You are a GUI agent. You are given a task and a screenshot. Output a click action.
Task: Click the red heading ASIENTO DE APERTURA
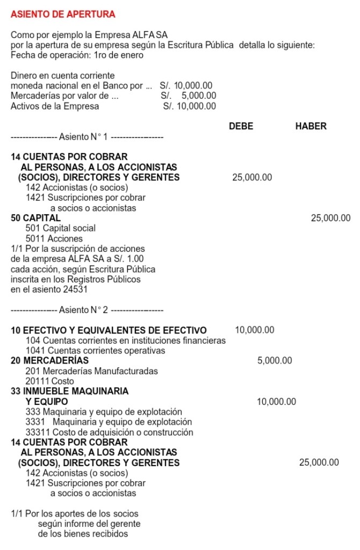pyautogui.click(x=63, y=13)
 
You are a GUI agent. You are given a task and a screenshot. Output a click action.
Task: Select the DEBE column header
pyautogui.click(x=241, y=127)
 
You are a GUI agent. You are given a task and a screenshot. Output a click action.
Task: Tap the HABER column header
pyautogui.click(x=311, y=127)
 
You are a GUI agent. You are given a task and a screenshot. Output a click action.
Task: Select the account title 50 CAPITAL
pyautogui.click(x=36, y=218)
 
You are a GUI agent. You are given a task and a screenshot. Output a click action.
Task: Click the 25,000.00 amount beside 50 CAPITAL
pyautogui.click(x=330, y=218)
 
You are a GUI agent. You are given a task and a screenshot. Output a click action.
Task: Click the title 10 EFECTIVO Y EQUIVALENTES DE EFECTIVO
pyautogui.click(x=109, y=330)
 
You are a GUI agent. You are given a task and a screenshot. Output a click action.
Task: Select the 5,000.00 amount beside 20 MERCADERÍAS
pyautogui.click(x=275, y=360)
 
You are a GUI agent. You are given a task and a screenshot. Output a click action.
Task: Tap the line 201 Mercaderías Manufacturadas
pyautogui.click(x=92, y=371)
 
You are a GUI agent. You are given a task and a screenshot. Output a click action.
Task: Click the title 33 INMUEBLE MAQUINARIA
pyautogui.click(x=70, y=391)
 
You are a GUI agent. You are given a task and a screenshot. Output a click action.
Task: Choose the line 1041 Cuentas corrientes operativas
pyautogui.click(x=95, y=351)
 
